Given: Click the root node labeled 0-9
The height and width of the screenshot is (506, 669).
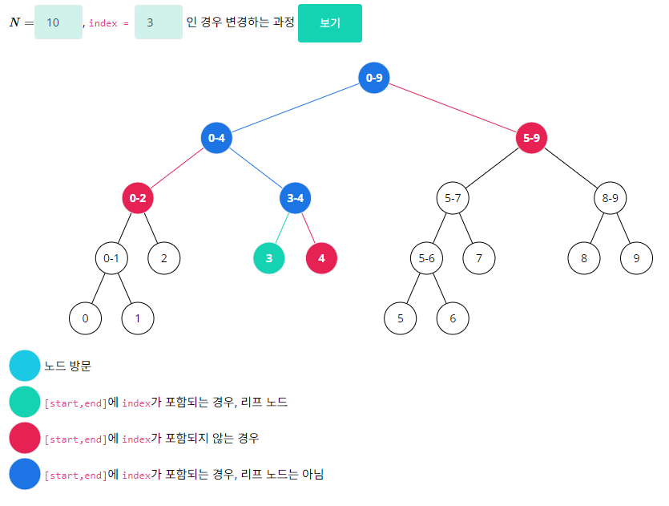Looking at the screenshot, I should (x=374, y=78).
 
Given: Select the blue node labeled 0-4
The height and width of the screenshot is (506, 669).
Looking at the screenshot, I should (x=216, y=138).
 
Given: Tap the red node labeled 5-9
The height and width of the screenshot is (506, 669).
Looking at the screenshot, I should (x=531, y=138).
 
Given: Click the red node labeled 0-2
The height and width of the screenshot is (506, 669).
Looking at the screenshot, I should (x=138, y=198).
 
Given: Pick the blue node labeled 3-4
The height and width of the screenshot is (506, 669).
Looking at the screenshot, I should (x=296, y=198).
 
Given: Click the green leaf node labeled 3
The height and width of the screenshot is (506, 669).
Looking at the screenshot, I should (x=269, y=258).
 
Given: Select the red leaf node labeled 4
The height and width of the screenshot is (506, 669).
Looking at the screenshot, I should (x=321, y=258).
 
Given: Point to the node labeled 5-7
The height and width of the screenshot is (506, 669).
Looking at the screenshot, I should (x=453, y=198).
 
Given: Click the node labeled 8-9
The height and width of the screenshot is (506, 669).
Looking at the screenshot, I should (x=611, y=198).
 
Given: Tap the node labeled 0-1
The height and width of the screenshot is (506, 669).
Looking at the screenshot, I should (x=111, y=258).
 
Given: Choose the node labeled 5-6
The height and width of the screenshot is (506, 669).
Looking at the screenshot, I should (x=426, y=258).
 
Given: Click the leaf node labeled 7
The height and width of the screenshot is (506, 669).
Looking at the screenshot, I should (x=478, y=258).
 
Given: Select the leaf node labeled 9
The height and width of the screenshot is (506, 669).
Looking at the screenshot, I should (x=636, y=258).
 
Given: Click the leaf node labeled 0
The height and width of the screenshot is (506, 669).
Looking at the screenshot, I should (x=85, y=318).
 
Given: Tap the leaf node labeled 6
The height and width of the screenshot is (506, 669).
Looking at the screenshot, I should (x=453, y=318).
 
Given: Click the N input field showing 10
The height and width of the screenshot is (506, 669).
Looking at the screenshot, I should (x=58, y=22).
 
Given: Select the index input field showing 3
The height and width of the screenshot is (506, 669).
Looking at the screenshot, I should (x=159, y=22).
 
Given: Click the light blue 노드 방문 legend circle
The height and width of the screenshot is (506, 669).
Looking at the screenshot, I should (x=25, y=366).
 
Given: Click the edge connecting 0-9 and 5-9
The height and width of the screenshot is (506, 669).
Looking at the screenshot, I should (x=453, y=107).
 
